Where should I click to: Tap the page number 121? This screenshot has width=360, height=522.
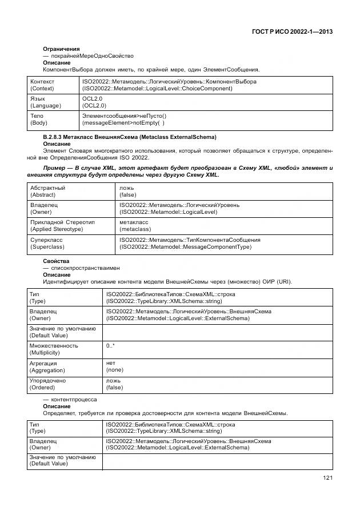tap(327, 478)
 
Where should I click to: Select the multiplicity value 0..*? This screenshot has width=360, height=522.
tap(110, 346)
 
